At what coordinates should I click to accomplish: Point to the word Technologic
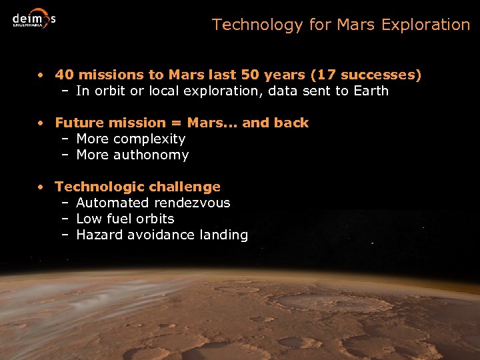click(99, 187)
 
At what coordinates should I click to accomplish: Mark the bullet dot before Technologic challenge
click(41, 187)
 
